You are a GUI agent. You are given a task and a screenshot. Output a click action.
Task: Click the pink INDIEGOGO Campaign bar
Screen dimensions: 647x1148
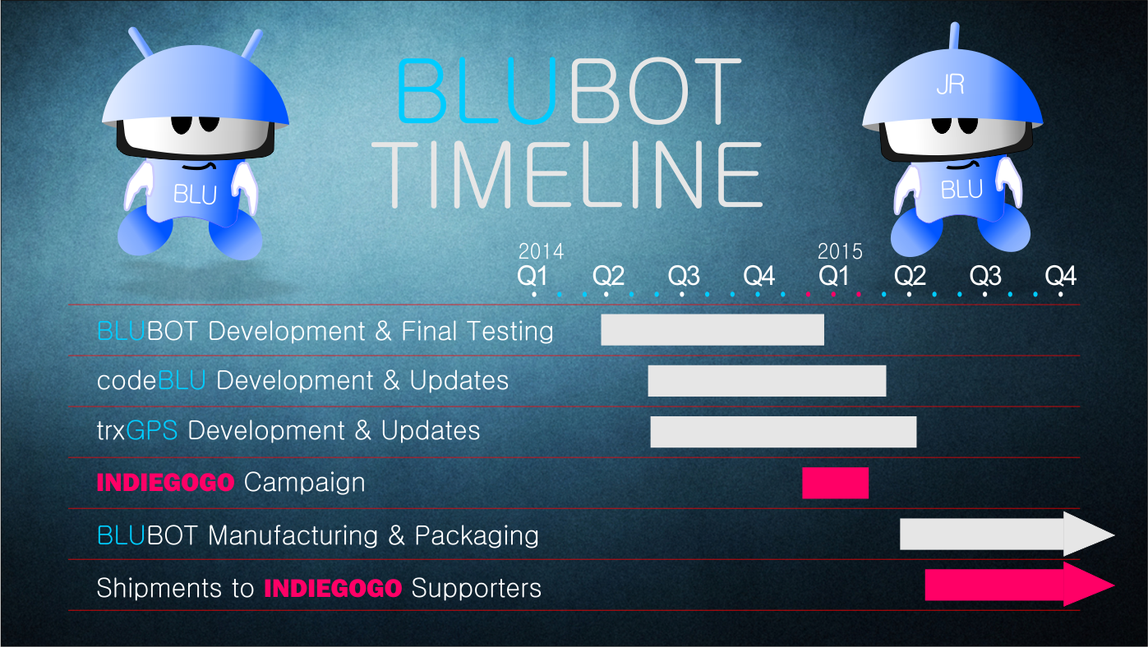(835, 483)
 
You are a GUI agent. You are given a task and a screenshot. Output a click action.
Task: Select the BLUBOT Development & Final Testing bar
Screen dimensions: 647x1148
(712, 329)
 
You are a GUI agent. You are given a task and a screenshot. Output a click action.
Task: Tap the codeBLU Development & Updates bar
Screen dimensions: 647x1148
(767, 381)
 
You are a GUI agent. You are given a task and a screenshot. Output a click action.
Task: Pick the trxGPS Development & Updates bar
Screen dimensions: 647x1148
(783, 432)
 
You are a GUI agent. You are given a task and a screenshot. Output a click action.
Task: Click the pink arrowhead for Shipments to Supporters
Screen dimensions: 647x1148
(1088, 584)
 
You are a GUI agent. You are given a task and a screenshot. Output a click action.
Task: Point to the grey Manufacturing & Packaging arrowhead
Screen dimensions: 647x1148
(1088, 534)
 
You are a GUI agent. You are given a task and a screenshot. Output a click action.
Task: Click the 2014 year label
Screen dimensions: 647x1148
(541, 251)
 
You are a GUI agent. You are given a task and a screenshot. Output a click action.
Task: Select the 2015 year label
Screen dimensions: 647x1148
(840, 251)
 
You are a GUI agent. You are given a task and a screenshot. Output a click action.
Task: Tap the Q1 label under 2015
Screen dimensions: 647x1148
(834, 276)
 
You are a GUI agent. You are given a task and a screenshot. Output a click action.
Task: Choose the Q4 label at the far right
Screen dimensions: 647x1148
(1060, 276)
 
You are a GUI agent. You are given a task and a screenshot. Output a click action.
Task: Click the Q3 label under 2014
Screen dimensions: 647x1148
(683, 276)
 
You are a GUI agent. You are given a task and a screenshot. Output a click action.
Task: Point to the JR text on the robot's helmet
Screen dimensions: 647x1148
(949, 85)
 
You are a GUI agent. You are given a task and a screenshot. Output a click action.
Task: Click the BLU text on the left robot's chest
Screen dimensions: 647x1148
(195, 195)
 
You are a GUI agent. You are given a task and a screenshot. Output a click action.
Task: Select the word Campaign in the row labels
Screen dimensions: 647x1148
(304, 482)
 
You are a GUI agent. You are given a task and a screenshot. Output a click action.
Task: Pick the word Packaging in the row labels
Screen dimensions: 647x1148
(477, 535)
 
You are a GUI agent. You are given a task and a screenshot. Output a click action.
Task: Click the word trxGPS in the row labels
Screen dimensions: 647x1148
(136, 431)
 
